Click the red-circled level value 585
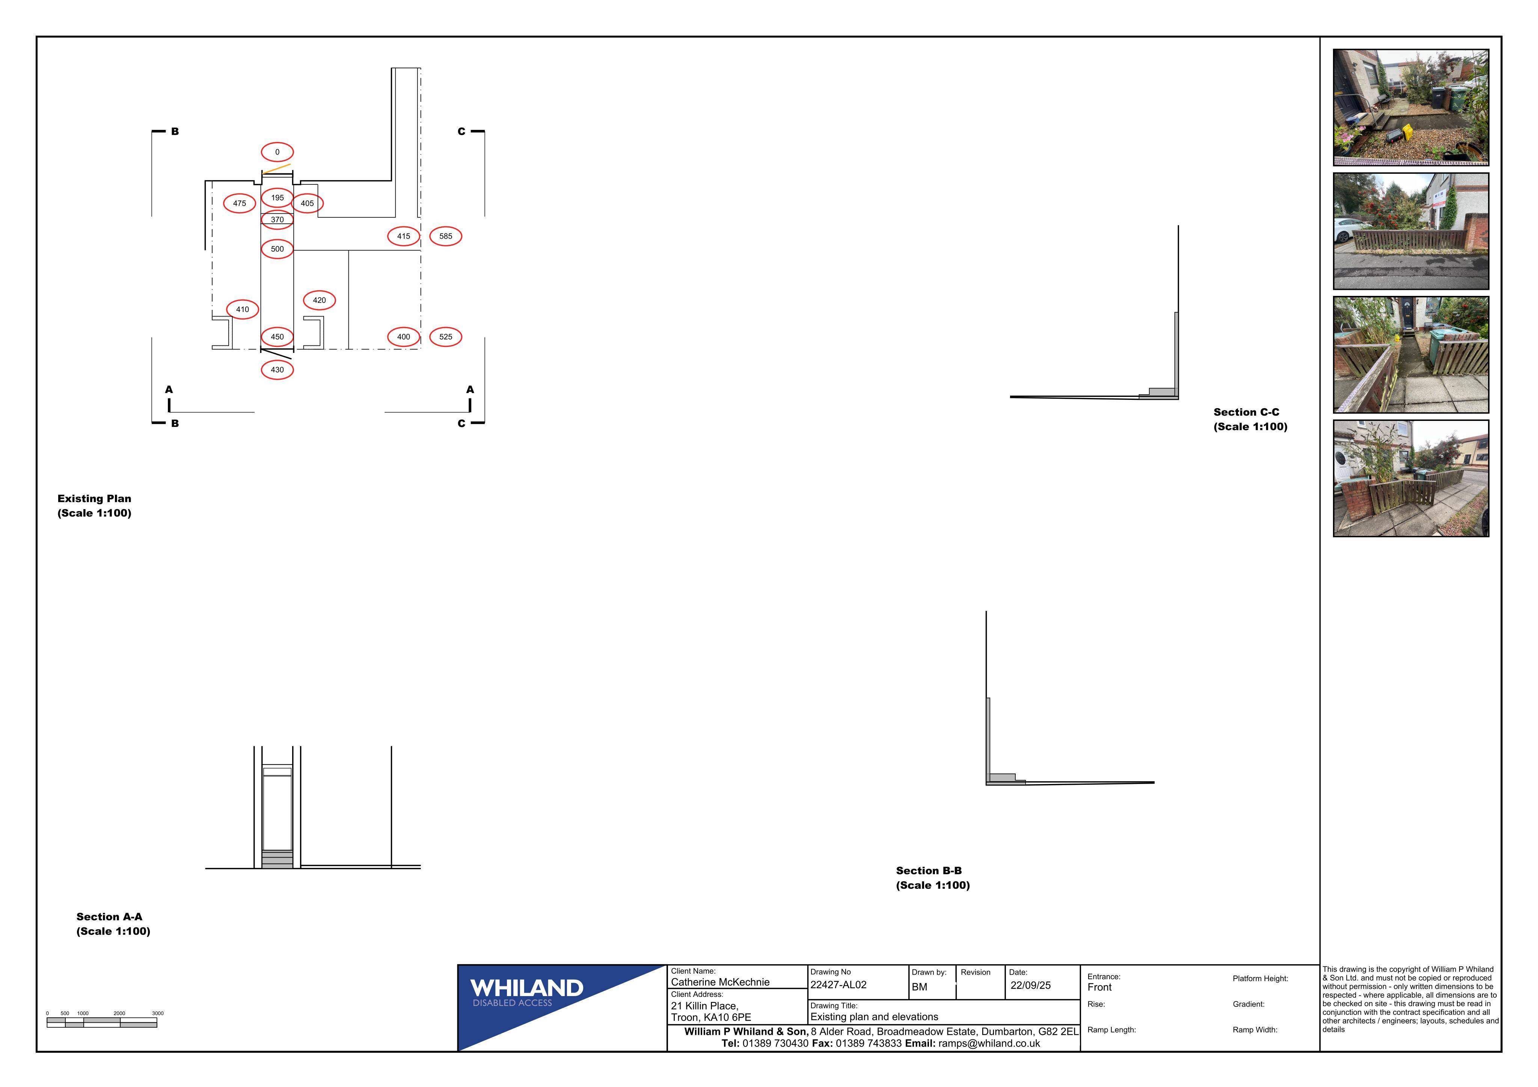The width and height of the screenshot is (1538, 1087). click(x=445, y=236)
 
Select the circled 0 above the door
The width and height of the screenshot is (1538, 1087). click(x=277, y=152)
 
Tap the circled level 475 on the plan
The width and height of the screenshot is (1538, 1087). click(x=239, y=203)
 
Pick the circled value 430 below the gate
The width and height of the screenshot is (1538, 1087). click(x=277, y=370)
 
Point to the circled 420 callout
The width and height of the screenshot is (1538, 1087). click(x=320, y=300)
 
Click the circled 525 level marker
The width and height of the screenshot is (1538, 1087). click(x=445, y=337)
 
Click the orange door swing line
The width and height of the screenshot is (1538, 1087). click(x=277, y=169)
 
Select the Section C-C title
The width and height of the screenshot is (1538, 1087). click(x=1250, y=419)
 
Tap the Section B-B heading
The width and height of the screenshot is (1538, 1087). click(x=932, y=877)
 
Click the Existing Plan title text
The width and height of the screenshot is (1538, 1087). click(x=95, y=506)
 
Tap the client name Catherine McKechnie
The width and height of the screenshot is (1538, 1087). click(x=720, y=982)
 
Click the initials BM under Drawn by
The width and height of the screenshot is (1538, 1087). click(x=919, y=986)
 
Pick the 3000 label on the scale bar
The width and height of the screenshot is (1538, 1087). click(x=157, y=1013)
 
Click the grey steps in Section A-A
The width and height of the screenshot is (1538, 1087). click(x=277, y=859)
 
